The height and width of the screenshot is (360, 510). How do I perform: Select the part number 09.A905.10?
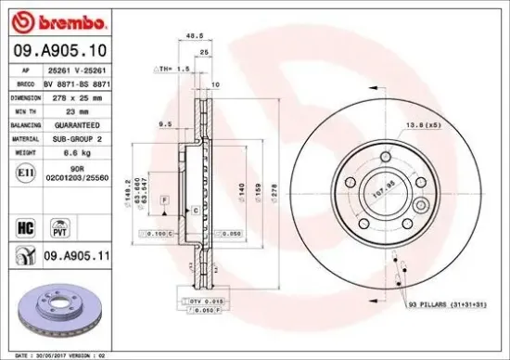(57, 51)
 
